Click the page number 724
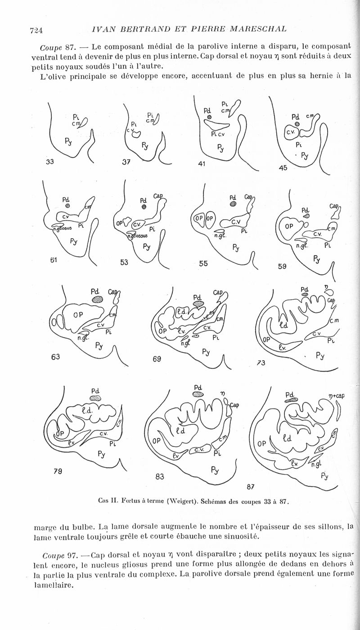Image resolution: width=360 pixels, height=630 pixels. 36,30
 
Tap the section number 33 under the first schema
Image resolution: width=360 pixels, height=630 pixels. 50,162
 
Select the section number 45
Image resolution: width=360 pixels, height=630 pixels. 283,168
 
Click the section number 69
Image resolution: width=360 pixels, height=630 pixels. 157,359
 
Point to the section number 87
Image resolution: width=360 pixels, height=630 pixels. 250,486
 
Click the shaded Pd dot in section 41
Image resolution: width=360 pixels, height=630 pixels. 209,117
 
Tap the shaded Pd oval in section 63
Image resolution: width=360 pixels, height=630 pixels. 98,299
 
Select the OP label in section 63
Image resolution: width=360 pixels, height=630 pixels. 78,315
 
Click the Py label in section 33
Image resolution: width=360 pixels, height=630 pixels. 68,141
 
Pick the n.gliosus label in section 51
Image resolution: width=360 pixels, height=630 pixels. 62,228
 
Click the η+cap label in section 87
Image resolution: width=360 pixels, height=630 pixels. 337,396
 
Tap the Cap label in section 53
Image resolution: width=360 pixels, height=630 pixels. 158,195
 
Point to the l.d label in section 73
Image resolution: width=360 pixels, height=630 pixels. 284,326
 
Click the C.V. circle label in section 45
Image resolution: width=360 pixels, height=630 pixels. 290,132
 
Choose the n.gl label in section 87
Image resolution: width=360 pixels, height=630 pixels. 316,464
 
